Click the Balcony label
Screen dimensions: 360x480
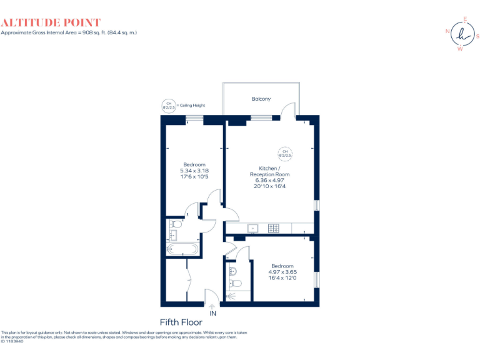[261, 99]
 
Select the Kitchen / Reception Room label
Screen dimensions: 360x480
[270, 171]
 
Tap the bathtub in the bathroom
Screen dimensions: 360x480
[182, 249]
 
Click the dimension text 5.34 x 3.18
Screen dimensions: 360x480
[194, 170]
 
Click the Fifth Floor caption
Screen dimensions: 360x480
[181, 322]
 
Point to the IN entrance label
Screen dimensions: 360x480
[213, 313]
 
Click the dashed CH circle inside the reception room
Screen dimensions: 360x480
[284, 152]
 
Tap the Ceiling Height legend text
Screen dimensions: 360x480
[192, 106]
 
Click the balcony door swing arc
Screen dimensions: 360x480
[287, 110]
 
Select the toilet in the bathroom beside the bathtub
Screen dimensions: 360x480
[176, 224]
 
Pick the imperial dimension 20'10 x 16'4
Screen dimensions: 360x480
[270, 186]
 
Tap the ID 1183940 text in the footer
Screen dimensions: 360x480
[12, 341]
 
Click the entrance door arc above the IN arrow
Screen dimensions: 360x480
[211, 296]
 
